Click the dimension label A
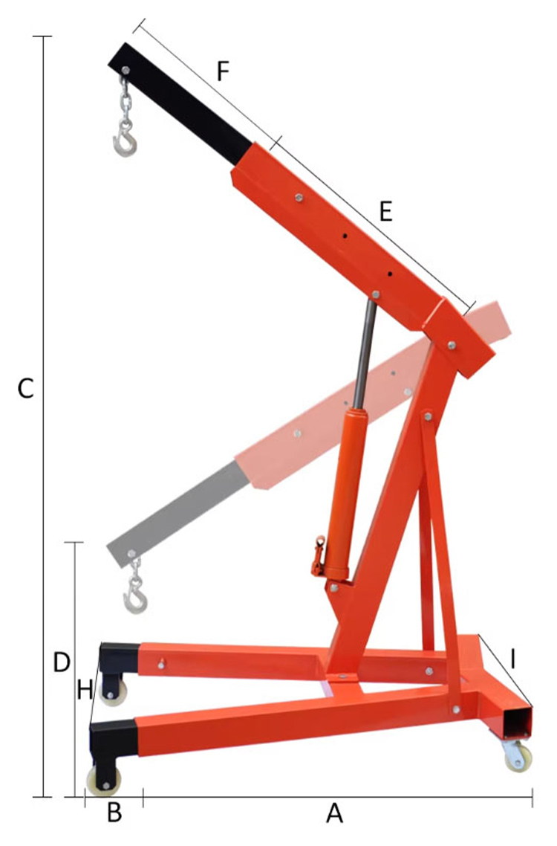click(x=335, y=814)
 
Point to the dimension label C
click(x=25, y=388)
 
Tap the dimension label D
click(x=62, y=662)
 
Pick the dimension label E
click(x=385, y=212)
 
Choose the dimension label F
click(x=223, y=71)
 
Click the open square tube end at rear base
click(x=518, y=723)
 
